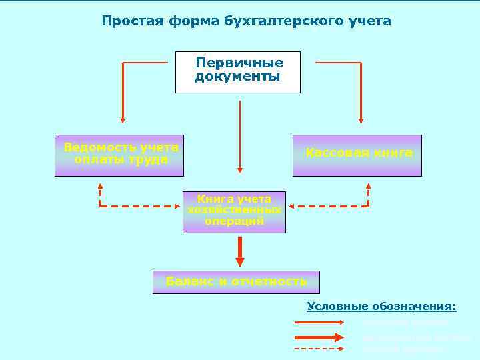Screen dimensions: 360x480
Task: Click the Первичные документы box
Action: tap(237, 72)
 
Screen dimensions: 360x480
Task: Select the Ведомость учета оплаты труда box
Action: tap(119, 155)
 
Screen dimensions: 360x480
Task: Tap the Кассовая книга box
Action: tap(357, 155)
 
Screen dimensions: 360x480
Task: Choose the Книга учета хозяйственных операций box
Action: tap(234, 212)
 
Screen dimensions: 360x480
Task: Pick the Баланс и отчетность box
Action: tap(236, 282)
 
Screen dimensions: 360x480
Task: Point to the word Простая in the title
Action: tap(127, 21)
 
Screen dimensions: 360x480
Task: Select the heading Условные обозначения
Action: tap(382, 307)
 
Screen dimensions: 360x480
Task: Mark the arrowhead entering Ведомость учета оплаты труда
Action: tap(123, 120)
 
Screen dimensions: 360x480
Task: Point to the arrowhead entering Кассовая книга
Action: tap(361, 120)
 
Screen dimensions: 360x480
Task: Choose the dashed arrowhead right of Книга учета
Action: tap(294, 206)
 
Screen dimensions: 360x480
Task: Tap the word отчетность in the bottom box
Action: tap(269, 281)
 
